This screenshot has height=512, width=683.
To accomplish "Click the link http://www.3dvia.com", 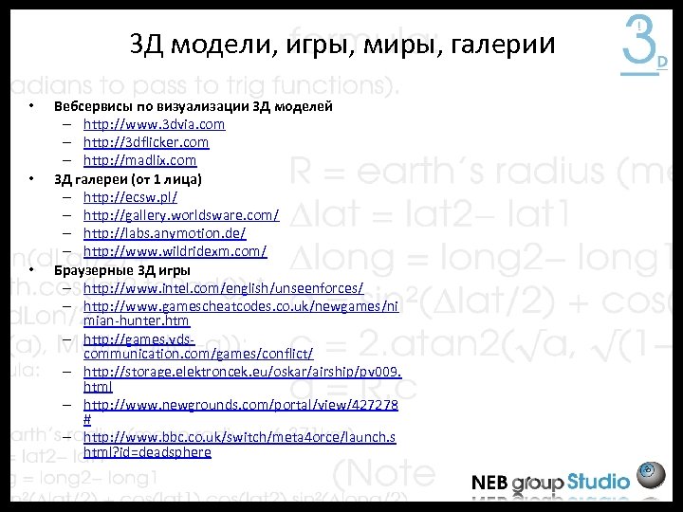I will [154, 124].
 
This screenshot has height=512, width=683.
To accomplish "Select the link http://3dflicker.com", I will [146, 142].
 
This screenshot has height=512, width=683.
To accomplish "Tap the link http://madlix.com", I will [139, 160].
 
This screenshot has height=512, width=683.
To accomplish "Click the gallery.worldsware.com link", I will [180, 215].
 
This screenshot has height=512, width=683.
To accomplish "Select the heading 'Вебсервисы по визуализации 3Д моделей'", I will [193, 106].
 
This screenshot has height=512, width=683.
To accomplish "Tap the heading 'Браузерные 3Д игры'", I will [121, 269].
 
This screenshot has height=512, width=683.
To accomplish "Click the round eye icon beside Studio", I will [650, 473].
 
